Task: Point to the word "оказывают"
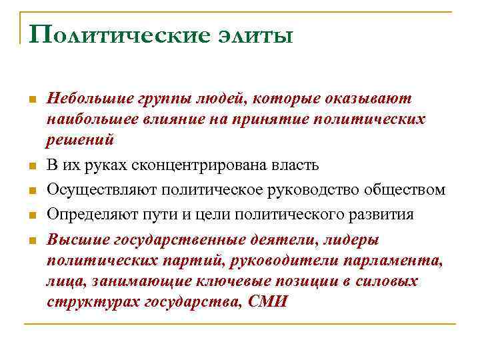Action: point(368,99)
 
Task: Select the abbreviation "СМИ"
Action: point(267,301)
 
